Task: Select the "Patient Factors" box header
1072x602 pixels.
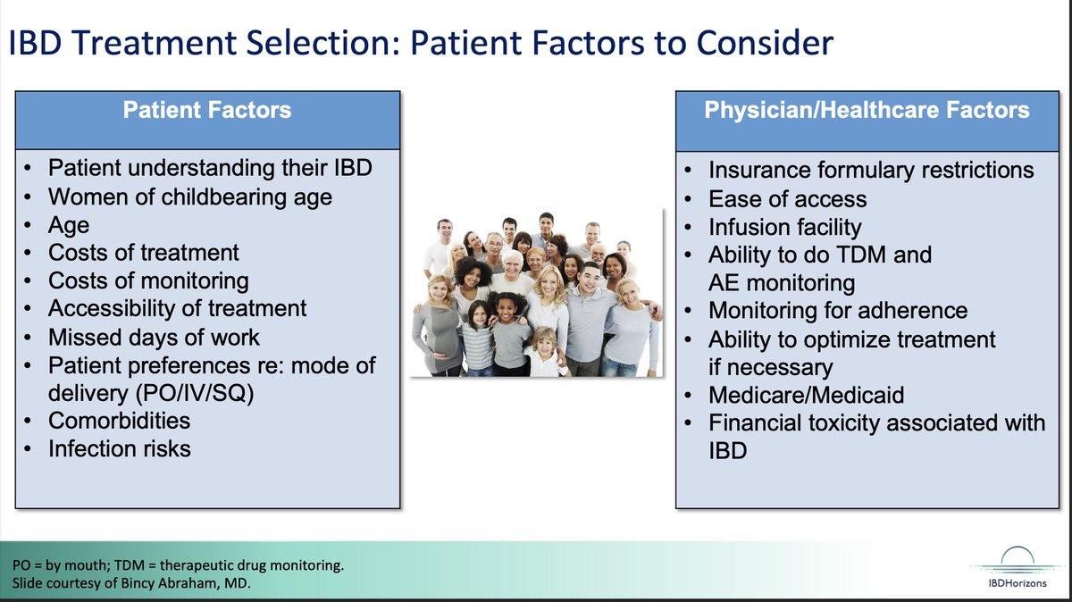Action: [206, 111]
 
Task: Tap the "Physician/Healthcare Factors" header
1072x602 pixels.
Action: [867, 111]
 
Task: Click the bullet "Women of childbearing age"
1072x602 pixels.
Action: [189, 196]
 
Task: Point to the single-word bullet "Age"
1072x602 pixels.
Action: [69, 224]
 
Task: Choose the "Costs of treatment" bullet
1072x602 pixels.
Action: [143, 253]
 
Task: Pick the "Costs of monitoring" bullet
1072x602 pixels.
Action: [148, 280]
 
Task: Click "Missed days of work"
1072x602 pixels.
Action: [154, 338]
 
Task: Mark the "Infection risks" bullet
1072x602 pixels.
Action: [120, 448]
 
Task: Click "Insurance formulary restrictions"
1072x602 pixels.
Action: [871, 170]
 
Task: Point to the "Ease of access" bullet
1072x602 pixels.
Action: [787, 198]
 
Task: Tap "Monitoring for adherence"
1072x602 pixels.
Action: [838, 311]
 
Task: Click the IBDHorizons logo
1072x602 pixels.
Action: [1013, 566]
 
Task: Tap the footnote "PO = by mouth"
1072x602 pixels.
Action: [63, 566]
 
